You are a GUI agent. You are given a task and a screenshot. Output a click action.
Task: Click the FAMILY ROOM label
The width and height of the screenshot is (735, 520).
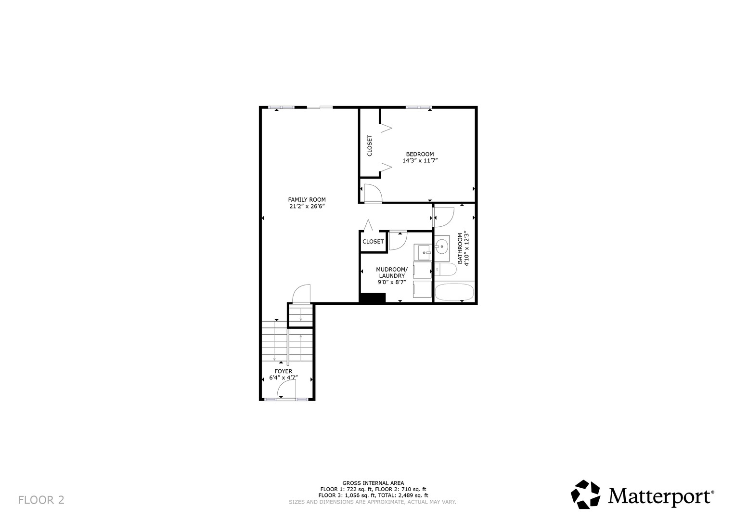307,199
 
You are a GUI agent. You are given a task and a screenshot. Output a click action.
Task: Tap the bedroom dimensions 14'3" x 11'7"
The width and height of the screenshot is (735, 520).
420,160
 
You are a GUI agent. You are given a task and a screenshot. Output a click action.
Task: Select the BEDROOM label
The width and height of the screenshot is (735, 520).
420,154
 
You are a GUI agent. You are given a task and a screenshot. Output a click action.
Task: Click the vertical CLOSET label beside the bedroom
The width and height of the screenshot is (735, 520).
370,145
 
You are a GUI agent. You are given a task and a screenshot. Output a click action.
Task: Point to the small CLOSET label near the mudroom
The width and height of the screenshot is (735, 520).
373,242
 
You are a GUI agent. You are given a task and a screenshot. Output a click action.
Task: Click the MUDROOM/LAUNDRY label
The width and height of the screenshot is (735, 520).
392,273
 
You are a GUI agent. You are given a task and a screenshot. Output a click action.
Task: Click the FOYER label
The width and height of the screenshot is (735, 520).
284,371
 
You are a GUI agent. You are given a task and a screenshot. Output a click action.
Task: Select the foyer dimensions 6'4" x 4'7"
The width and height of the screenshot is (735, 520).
284,377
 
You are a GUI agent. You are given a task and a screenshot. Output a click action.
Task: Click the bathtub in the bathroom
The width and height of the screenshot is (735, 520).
454,292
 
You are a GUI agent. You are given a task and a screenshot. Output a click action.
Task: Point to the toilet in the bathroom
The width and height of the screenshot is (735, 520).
445,270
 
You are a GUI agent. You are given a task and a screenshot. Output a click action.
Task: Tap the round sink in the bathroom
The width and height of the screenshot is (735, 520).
442,246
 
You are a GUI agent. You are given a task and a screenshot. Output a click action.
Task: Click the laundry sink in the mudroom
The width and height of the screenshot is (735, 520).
423,252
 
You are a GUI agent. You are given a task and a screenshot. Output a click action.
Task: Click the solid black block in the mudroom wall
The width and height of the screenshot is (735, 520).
373,298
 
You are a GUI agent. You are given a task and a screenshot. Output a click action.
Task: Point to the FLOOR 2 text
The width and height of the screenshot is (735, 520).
41,500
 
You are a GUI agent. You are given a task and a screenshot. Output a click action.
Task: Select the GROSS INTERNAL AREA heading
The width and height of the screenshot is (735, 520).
373,483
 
